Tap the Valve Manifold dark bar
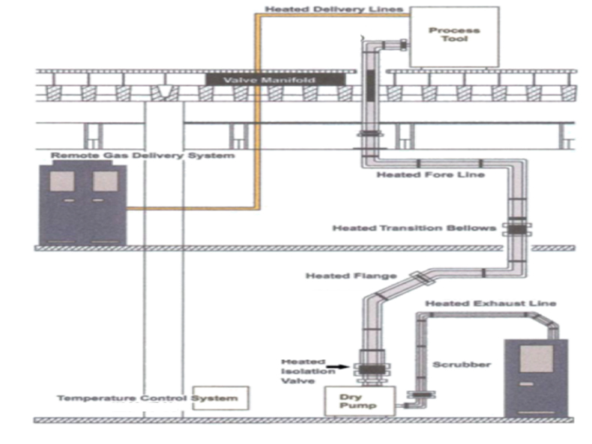point(275,79)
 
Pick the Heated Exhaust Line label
point(490,303)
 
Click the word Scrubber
point(462,365)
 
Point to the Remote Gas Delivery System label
point(142,156)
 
